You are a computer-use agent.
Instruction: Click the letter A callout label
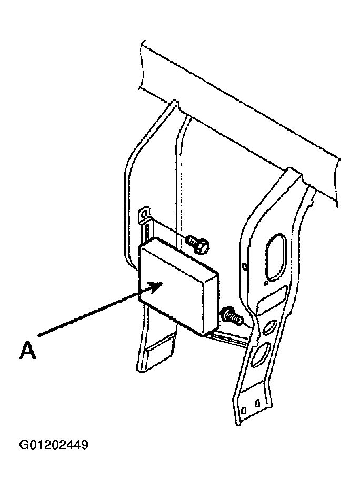point(28,351)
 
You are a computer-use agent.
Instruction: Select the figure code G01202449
point(54,445)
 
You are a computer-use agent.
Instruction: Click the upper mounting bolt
point(198,244)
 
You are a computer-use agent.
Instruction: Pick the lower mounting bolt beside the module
point(232,316)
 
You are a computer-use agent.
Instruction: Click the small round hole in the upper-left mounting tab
point(143,215)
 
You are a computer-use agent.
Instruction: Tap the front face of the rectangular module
point(172,288)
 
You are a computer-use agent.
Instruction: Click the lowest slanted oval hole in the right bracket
point(260,353)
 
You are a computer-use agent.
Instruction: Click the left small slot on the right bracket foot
point(245,410)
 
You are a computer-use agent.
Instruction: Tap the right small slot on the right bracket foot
point(257,403)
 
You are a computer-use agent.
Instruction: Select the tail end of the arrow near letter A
point(38,336)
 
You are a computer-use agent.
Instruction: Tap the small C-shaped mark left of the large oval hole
point(245,267)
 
